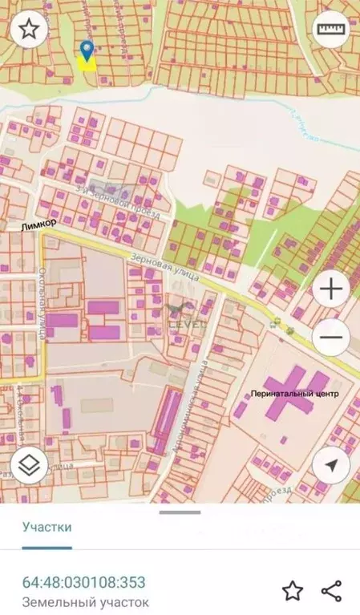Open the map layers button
pos(30,464)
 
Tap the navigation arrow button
pos(330,464)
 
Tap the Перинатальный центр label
pos(294,394)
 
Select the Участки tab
pos(47,527)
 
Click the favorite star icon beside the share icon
pos(293,592)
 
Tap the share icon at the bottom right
pos(332,592)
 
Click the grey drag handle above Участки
pos(180,512)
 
